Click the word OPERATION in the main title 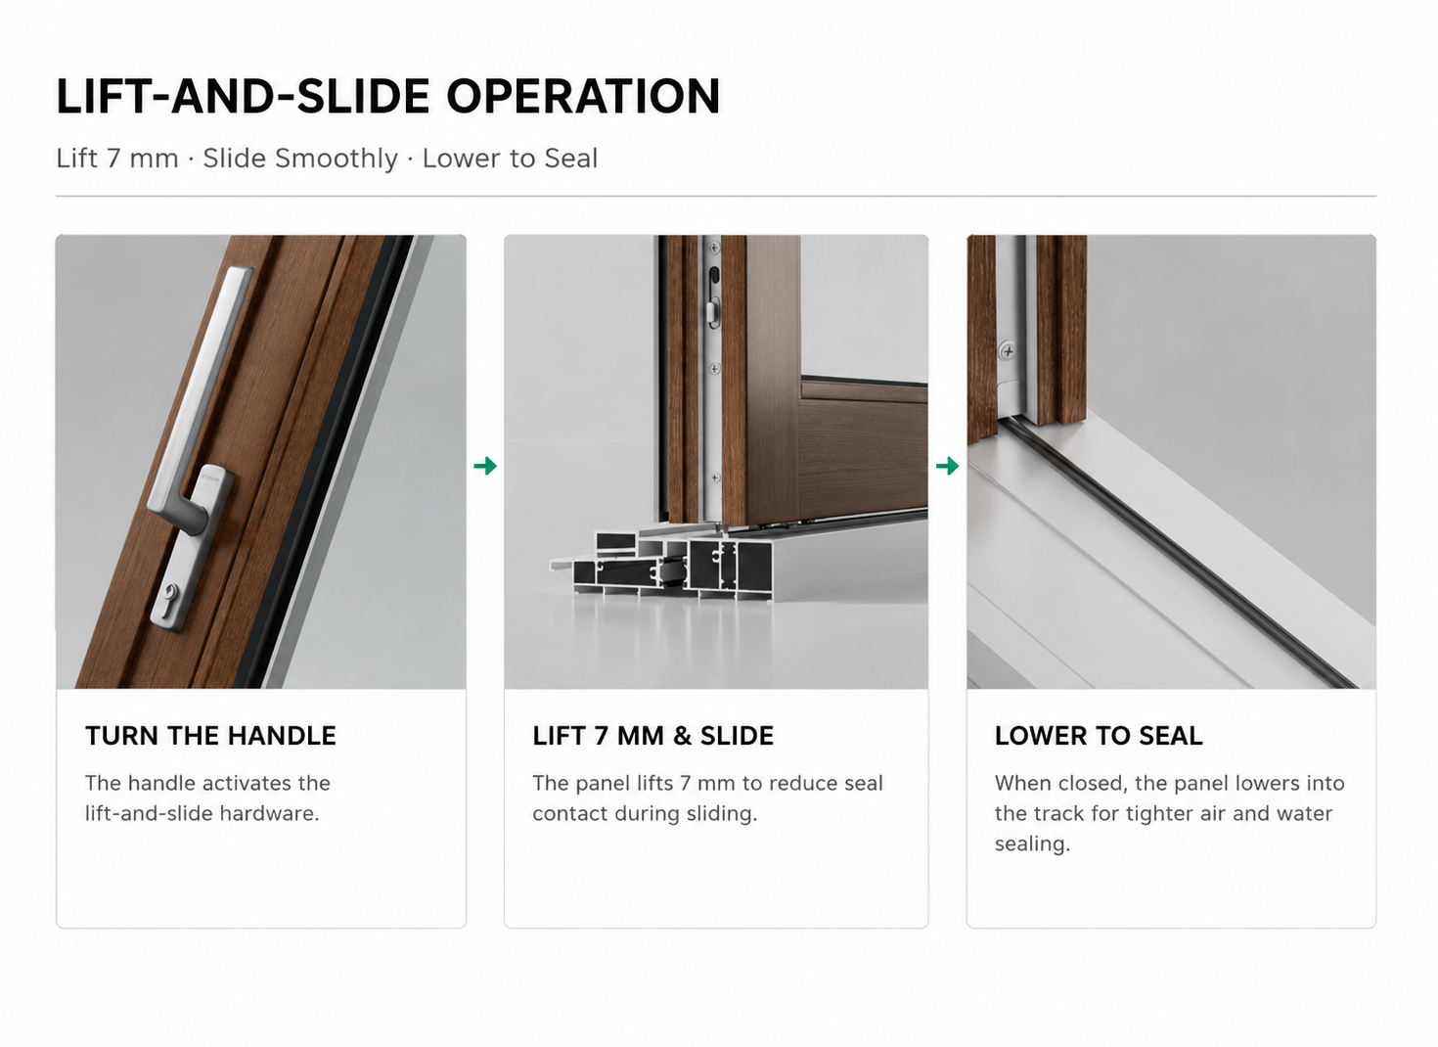(583, 96)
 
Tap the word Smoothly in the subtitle (300, 159)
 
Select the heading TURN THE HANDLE (210, 736)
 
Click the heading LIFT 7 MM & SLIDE (652, 736)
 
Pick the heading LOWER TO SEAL (1099, 736)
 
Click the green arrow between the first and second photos (485, 466)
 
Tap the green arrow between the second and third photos (948, 466)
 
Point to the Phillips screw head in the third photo (1008, 351)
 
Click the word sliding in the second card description (722, 814)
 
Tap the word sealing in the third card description (1032, 844)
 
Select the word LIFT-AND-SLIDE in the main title (244, 96)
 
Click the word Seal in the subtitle (570, 159)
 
